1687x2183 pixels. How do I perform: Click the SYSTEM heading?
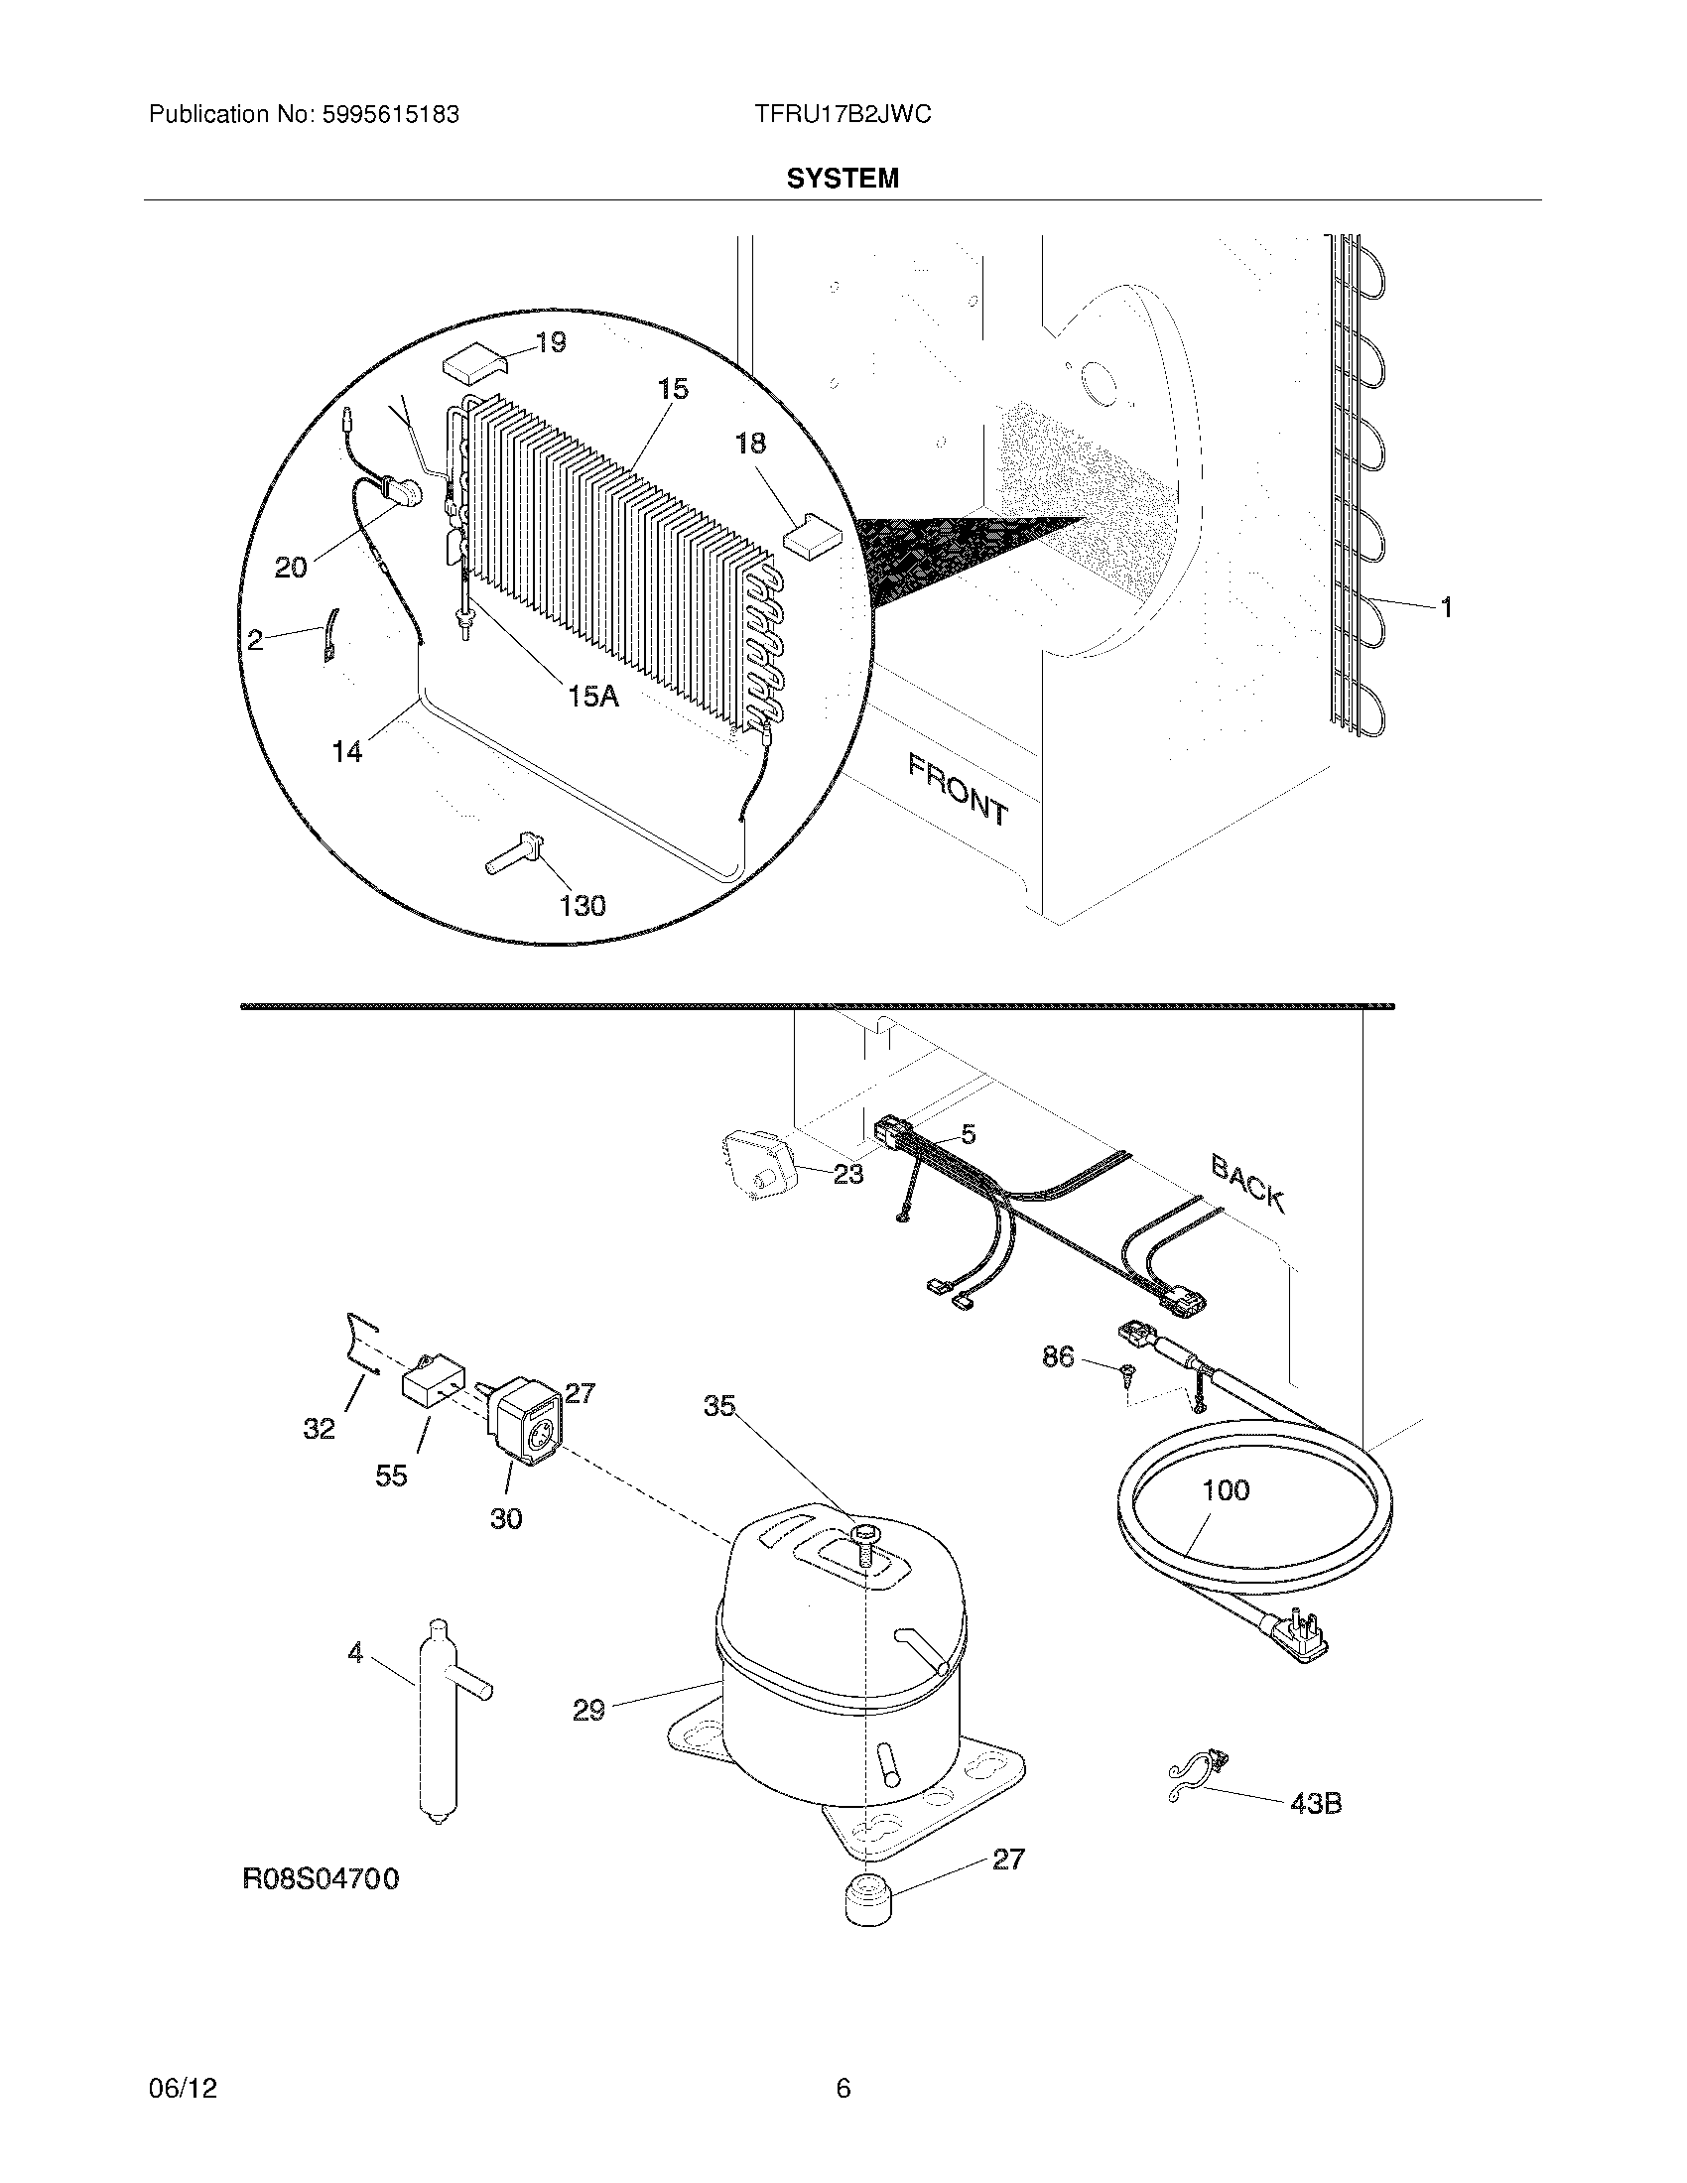(842, 179)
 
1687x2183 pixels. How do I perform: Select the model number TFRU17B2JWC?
(843, 115)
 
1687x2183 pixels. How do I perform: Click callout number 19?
(550, 343)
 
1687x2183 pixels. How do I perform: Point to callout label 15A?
(593, 696)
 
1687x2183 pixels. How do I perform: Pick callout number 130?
(583, 906)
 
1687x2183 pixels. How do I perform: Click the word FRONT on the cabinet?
(958, 789)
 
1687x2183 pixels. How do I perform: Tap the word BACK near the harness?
(1247, 1183)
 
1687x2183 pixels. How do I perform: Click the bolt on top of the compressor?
(861, 1560)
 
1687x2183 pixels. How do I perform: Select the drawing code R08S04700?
(321, 1879)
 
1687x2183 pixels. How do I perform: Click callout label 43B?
(1315, 1804)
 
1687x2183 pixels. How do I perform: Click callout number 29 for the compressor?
(588, 1711)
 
